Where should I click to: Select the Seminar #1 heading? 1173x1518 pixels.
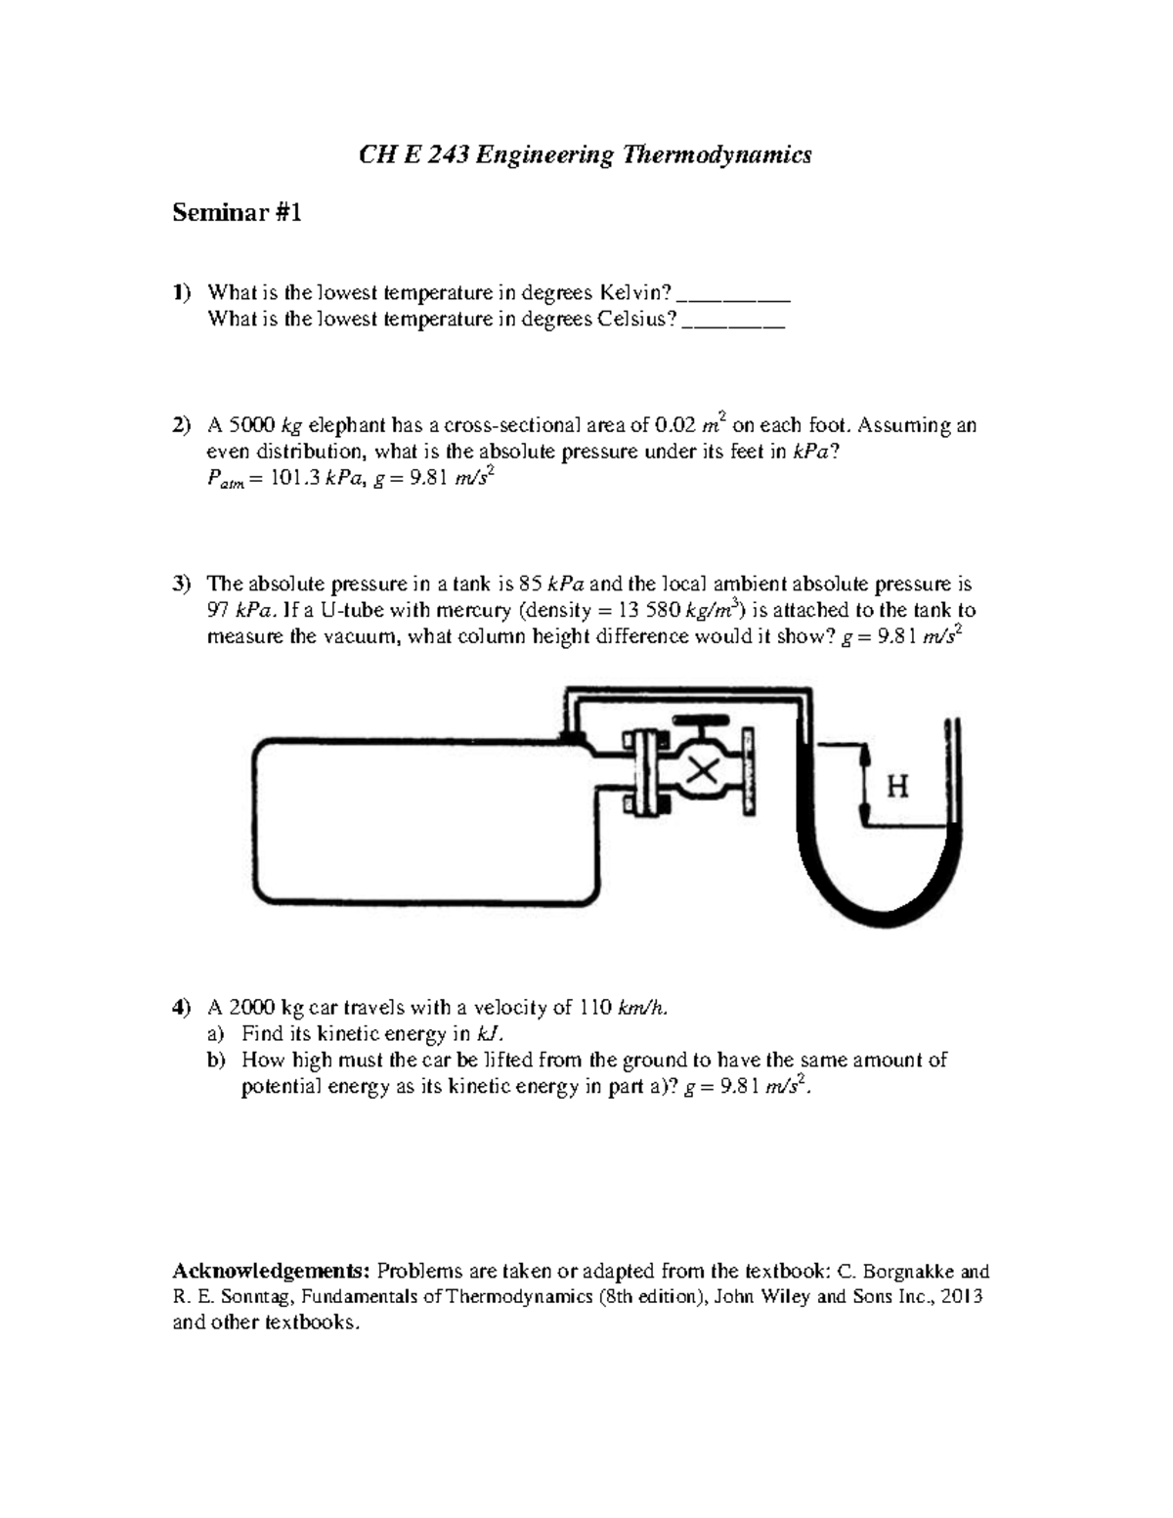point(237,212)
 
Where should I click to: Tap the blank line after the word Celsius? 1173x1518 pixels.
point(733,321)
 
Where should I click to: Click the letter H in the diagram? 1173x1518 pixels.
point(896,786)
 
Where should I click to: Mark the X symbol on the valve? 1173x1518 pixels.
point(700,771)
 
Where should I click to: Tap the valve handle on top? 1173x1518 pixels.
point(700,724)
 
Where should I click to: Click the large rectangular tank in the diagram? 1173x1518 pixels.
point(420,821)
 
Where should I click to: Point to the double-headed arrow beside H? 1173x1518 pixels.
point(864,786)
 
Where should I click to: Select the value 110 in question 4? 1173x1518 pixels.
point(596,1008)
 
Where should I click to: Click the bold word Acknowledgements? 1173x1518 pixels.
point(271,1272)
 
